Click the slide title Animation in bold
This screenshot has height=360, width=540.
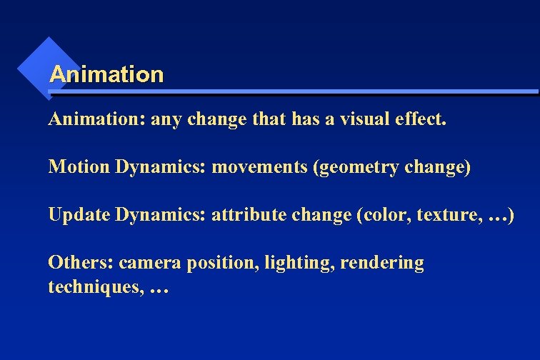coord(106,74)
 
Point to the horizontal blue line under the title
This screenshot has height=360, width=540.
coord(293,92)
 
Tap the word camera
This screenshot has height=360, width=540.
coord(150,264)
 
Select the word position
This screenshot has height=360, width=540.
coord(223,264)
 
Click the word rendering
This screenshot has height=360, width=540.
coord(382,264)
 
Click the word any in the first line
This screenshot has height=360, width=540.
coord(167,120)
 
